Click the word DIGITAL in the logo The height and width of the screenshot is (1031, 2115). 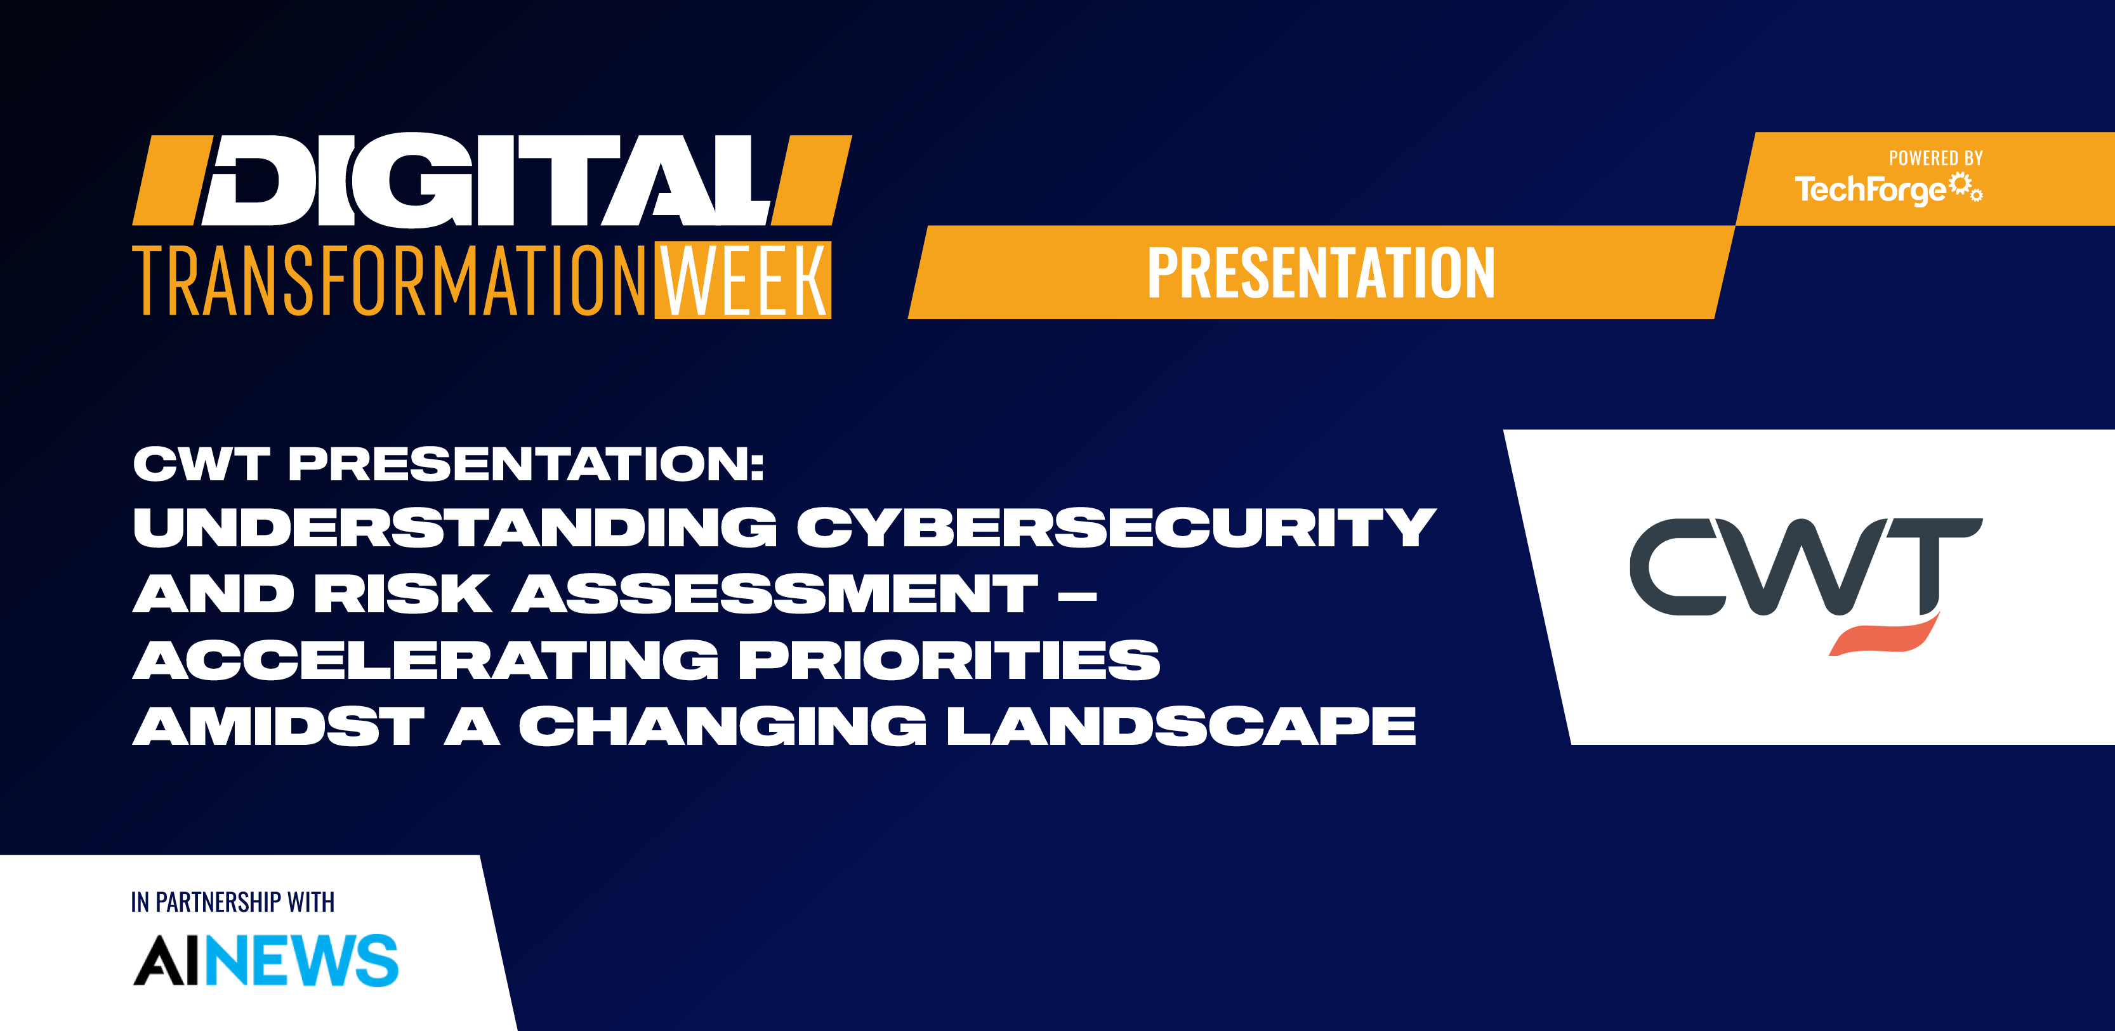pyautogui.click(x=489, y=180)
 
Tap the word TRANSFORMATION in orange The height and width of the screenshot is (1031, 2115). pyautogui.click(x=391, y=280)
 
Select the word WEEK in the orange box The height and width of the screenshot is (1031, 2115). pyautogui.click(x=743, y=280)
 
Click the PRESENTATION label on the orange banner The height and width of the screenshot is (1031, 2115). pyautogui.click(x=1321, y=273)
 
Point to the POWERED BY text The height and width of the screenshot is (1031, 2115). pyautogui.click(x=1935, y=159)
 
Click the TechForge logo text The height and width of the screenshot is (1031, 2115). pyautogui.click(x=1870, y=190)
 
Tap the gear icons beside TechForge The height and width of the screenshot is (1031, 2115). pyautogui.click(x=1967, y=188)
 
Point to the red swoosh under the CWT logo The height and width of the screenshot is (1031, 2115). pyautogui.click(x=1884, y=636)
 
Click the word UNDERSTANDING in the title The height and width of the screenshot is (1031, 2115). pyautogui.click(x=455, y=527)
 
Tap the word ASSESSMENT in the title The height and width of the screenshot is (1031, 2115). pyautogui.click(x=775, y=593)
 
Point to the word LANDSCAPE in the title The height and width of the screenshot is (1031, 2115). pyautogui.click(x=1182, y=726)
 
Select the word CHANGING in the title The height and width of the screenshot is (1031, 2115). pyautogui.click(x=723, y=726)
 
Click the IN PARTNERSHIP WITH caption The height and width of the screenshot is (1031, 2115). pyautogui.click(x=232, y=902)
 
